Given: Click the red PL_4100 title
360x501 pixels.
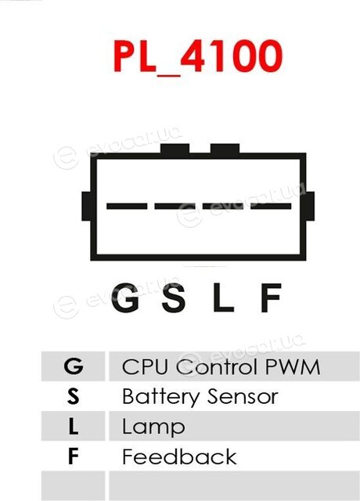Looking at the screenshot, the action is (198, 56).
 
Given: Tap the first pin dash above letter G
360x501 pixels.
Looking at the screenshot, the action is (127, 206).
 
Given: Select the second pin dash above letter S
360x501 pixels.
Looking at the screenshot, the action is (175, 206).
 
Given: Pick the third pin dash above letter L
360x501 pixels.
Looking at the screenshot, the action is (223, 206).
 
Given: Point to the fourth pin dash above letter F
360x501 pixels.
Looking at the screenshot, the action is (271, 206).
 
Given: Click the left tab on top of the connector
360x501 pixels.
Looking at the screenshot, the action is (175, 149).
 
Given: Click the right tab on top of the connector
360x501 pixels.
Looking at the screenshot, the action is (225, 149).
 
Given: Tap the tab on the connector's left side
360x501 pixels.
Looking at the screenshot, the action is (86, 206).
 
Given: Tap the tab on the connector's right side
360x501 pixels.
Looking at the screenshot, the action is (310, 206).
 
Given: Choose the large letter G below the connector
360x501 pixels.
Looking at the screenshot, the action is (125, 297).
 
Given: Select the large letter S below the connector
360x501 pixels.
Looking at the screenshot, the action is (174, 297).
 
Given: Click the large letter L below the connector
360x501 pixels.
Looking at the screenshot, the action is (223, 297).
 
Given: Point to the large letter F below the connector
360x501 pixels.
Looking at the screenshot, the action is (271, 297).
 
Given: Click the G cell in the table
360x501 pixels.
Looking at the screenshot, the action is (73, 366).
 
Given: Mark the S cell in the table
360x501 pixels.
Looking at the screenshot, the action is (73, 396).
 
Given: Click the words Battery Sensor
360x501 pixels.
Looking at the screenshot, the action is (200, 397).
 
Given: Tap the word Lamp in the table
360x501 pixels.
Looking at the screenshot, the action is (153, 427).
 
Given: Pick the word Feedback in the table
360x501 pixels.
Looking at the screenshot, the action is (179, 456).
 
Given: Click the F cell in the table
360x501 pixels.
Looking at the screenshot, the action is (73, 456).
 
